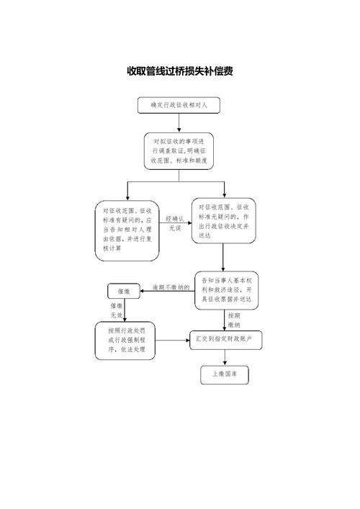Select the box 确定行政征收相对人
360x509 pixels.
tap(179, 105)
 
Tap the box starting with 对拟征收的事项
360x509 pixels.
tap(179, 150)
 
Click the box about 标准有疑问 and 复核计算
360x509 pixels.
tap(128, 230)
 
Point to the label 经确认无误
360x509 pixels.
tap(175, 222)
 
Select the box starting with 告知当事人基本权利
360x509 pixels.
tap(226, 289)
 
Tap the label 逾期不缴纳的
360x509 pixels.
tap(166, 287)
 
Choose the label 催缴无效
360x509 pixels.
tap(117, 310)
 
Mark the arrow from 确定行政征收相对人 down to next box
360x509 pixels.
tap(179, 122)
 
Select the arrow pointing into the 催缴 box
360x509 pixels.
tap(144, 292)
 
